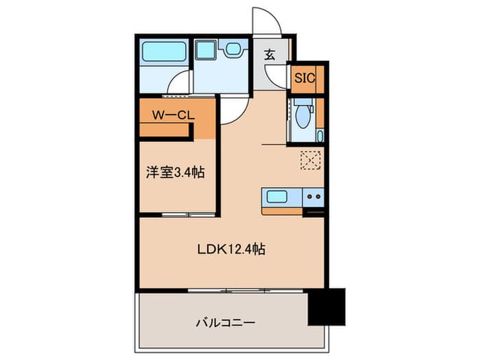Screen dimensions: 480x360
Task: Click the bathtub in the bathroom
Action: point(164,51)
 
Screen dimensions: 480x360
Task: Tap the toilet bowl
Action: point(303,116)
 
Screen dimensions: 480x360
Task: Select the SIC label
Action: point(304,78)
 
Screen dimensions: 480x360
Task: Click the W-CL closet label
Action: point(173,115)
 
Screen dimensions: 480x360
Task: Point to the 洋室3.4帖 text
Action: point(175,172)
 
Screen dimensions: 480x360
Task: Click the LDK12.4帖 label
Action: point(232,249)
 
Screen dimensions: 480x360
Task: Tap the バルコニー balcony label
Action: point(226,323)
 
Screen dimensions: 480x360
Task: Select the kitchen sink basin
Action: point(277,197)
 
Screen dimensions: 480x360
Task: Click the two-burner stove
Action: point(313,197)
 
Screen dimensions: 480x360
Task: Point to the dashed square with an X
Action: point(311,160)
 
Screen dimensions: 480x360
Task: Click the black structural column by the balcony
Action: point(326,307)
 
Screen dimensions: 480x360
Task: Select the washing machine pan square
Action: point(206,50)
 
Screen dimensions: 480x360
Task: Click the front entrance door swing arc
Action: point(267,20)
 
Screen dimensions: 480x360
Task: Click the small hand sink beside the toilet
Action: point(320,136)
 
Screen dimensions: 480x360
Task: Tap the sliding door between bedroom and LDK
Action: point(189,215)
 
